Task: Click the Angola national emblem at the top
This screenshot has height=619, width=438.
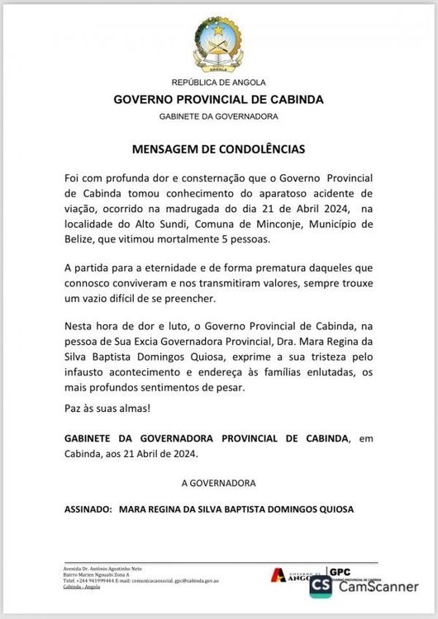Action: tap(218, 45)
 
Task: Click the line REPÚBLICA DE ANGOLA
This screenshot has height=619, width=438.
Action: tap(218, 83)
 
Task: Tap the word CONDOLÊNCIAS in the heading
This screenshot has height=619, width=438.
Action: tap(260, 150)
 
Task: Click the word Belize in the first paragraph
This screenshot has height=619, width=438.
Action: tap(82, 239)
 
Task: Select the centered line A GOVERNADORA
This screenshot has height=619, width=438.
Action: tap(218, 481)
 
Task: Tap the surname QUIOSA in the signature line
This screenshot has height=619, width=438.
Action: tap(332, 510)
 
